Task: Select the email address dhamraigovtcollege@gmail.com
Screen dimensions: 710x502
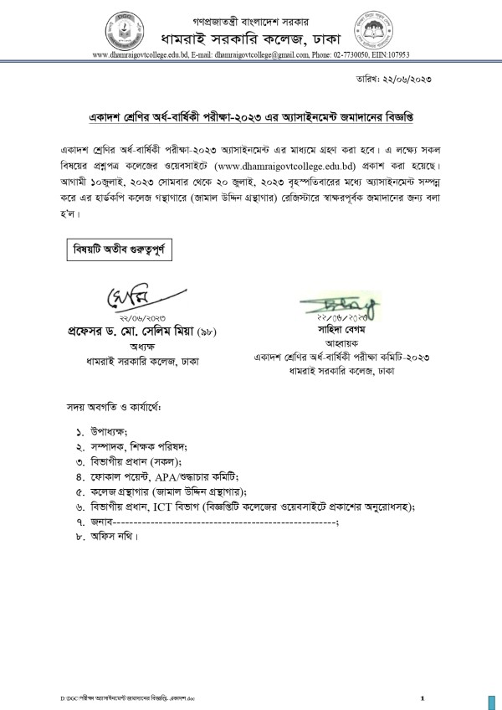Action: tap(273, 54)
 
